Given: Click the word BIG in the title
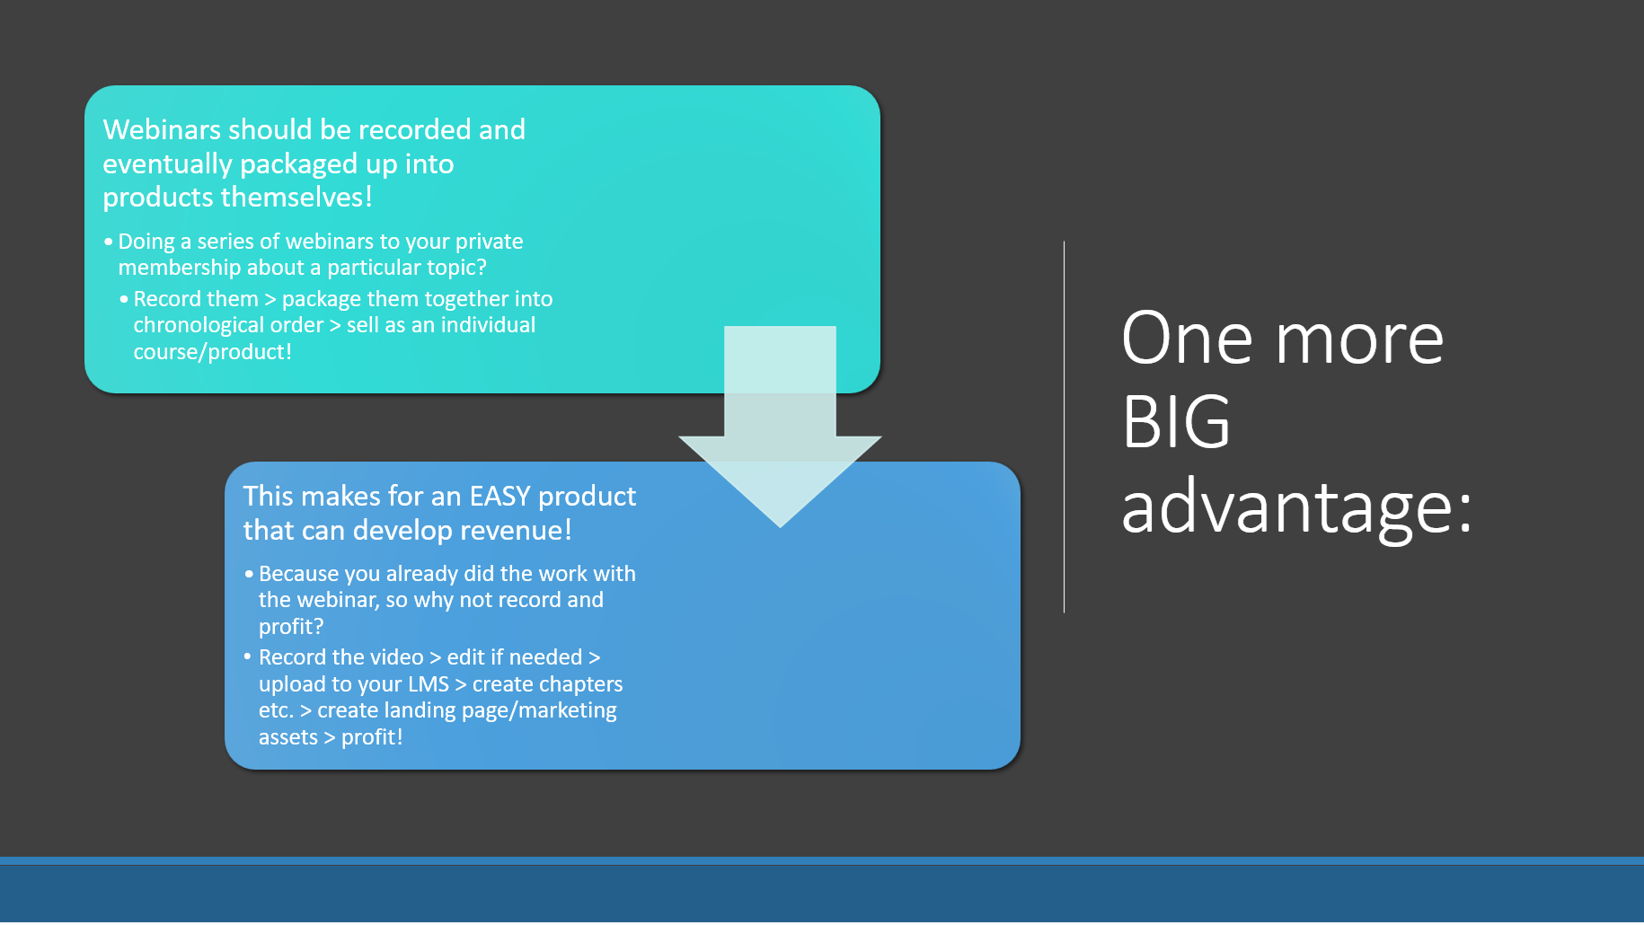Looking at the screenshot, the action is [1176, 422].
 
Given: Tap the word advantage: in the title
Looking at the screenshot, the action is [1297, 508].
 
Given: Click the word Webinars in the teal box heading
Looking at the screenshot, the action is [162, 129].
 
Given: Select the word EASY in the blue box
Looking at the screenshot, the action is [500, 496].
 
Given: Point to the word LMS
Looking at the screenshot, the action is [429, 684].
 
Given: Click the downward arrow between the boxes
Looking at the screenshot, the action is [780, 427].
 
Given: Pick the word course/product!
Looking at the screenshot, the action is [213, 352].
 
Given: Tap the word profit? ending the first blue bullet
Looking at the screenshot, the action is [291, 626].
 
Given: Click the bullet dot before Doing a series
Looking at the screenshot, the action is [109, 242].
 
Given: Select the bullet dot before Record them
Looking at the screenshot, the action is [124, 299].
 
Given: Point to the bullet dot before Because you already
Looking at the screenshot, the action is [249, 574].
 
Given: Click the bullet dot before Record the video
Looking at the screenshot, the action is [248, 656].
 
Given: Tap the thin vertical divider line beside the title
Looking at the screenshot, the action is [1064, 427].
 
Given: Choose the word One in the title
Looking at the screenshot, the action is [1187, 339].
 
